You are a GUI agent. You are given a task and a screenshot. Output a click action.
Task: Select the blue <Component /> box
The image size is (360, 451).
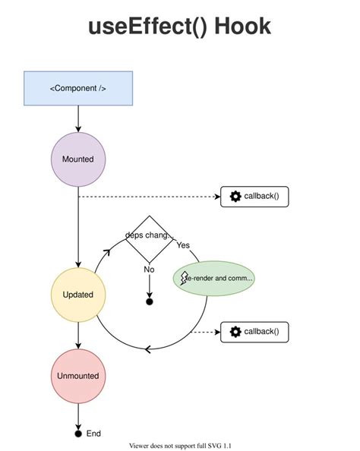78,88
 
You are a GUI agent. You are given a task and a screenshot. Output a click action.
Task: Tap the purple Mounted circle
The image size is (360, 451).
78,159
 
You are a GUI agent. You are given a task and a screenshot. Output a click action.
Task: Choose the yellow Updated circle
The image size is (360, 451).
78,294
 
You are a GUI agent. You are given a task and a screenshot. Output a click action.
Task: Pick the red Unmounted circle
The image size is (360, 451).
78,376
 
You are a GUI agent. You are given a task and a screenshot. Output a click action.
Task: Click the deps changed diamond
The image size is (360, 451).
150,235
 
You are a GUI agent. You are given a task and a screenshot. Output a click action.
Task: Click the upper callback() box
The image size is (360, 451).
254,197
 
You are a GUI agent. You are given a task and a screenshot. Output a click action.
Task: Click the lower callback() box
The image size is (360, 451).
254,331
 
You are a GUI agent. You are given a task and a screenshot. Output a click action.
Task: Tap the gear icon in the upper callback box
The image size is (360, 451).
235,197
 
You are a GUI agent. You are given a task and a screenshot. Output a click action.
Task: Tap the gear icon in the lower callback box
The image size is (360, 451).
235,331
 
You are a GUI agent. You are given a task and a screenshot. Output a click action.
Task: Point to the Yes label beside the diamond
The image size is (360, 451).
183,245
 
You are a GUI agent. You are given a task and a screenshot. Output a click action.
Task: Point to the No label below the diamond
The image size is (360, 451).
149,269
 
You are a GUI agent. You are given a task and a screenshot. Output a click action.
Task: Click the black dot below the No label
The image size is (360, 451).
150,302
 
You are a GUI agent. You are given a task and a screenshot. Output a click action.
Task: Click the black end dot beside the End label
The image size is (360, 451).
78,434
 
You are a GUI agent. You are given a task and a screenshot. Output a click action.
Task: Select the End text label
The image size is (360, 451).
93,434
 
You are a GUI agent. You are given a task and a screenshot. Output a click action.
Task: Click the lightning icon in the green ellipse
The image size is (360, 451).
185,279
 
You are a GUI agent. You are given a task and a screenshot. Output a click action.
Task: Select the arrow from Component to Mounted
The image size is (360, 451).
78,118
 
